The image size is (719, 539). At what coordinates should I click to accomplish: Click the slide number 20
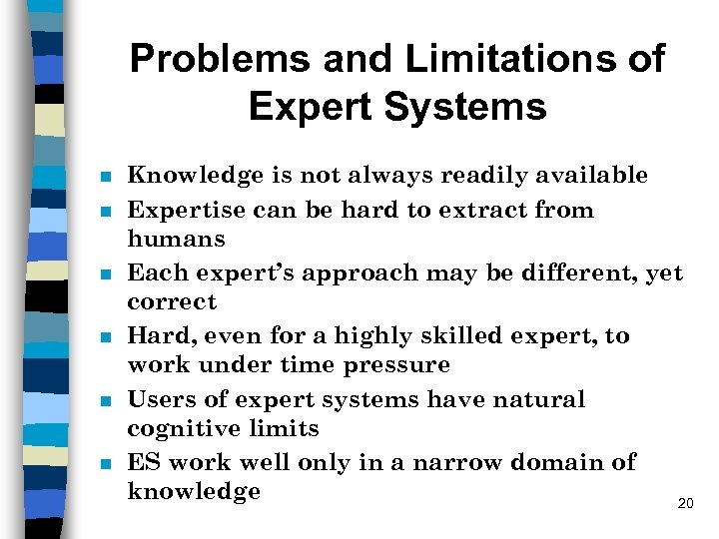click(x=685, y=504)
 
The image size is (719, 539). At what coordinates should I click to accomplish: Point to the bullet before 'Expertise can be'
click(x=104, y=212)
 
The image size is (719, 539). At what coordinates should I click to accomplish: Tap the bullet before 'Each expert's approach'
click(x=104, y=274)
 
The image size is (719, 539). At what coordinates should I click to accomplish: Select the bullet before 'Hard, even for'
click(x=104, y=337)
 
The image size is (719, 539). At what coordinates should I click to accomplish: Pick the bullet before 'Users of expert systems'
click(x=104, y=401)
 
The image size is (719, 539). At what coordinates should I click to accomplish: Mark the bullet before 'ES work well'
click(x=104, y=464)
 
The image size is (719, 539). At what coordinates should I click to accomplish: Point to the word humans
click(x=176, y=240)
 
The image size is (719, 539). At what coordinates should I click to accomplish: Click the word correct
click(x=172, y=301)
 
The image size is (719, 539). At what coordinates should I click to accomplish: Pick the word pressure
click(x=396, y=365)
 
